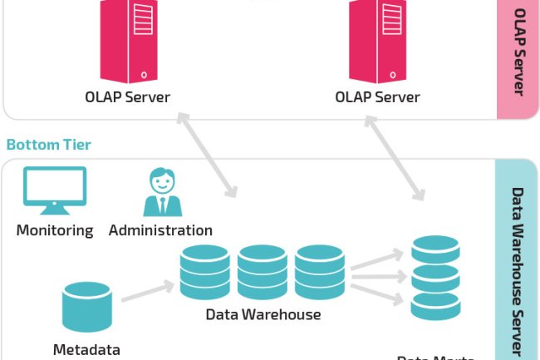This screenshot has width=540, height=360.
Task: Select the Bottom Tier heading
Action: click(48, 145)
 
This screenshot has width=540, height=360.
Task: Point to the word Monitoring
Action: click(55, 230)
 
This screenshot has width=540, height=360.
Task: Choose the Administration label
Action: click(160, 230)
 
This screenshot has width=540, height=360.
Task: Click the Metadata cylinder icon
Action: click(87, 307)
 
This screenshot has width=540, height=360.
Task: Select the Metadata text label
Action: click(86, 349)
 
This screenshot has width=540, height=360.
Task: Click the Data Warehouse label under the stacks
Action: click(263, 314)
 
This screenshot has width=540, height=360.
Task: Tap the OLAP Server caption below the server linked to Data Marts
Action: click(377, 97)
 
